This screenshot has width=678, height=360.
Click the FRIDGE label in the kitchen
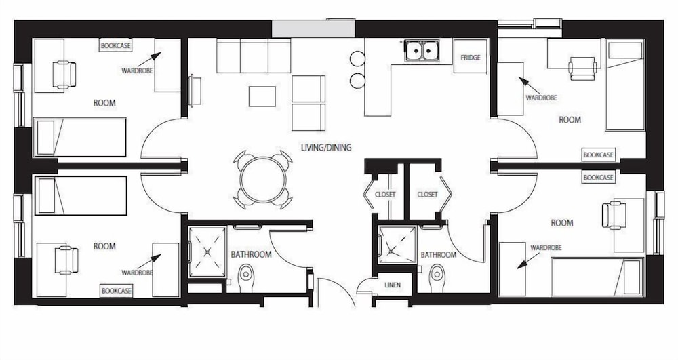[471, 58]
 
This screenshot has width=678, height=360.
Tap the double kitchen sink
[422, 51]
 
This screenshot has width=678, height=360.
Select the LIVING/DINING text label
[326, 147]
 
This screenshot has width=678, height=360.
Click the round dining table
[263, 180]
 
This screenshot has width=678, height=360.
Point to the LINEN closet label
[393, 285]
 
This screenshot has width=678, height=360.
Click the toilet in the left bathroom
[246, 274]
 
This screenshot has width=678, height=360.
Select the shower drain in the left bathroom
[207, 251]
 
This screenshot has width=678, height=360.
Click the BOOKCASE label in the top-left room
[115, 45]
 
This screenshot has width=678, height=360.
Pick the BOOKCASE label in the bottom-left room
[116, 291]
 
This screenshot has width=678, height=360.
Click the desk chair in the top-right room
[582, 68]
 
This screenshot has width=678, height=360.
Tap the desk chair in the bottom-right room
[614, 215]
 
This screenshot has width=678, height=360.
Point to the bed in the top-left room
[80, 138]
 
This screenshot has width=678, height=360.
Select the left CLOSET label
[385, 195]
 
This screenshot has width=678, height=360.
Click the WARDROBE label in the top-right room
[541, 98]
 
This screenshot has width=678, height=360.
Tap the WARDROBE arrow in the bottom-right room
[528, 260]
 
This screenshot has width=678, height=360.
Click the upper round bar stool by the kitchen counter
[357, 59]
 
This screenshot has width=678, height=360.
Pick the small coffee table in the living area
[262, 96]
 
